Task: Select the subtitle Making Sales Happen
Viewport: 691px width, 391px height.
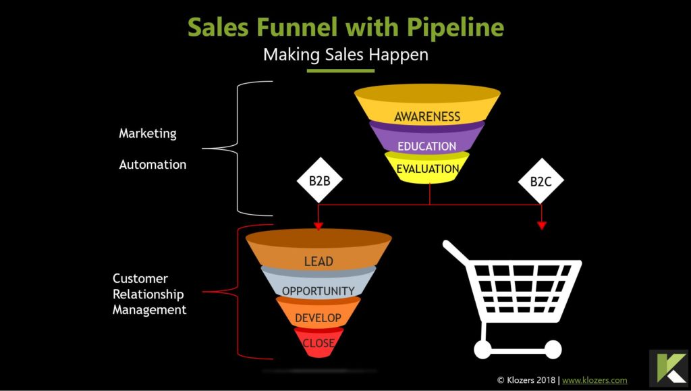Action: [x=345, y=55]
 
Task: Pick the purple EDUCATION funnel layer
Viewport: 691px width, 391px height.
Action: [x=426, y=145]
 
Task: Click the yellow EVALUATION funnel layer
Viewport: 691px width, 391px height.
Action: [x=427, y=169]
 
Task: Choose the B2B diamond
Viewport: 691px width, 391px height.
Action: [x=319, y=181]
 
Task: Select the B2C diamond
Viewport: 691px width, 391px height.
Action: [x=541, y=181]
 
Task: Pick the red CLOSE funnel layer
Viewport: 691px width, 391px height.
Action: [x=319, y=342]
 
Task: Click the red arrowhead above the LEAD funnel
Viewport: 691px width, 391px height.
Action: [x=319, y=226]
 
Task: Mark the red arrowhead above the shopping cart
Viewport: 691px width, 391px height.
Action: [x=541, y=226]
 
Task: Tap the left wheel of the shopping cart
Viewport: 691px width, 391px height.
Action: [x=482, y=349]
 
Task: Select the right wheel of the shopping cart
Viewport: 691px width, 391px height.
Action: [x=552, y=349]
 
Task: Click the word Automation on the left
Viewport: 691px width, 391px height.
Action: [x=153, y=164]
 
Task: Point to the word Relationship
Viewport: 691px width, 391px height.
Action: [x=148, y=294]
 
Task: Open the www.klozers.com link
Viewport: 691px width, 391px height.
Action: [x=595, y=380]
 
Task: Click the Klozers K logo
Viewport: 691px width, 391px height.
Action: [x=668, y=368]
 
